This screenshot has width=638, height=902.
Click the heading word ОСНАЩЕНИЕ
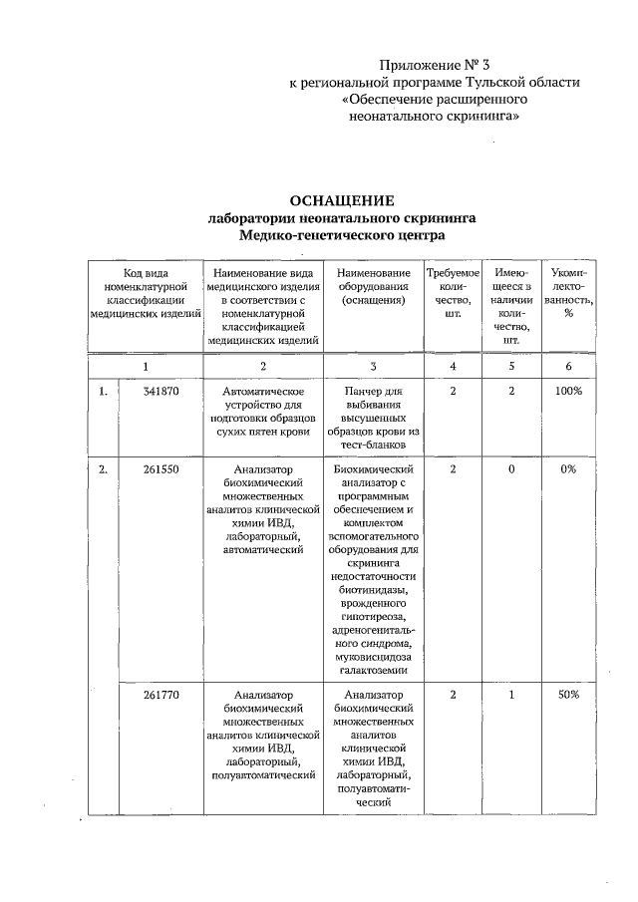[x=342, y=199]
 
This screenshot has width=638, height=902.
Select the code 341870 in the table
[x=160, y=392]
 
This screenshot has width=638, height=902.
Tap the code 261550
[x=160, y=468]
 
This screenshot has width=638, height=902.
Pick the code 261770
[x=160, y=696]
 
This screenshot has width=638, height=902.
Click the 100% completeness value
[x=568, y=392]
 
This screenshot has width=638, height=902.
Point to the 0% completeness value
[x=568, y=468]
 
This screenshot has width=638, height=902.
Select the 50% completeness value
[x=568, y=696]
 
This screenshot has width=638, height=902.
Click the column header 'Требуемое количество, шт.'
[x=453, y=293]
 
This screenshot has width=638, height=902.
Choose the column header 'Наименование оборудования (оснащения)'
[x=373, y=286]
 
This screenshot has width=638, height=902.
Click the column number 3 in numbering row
[x=373, y=366]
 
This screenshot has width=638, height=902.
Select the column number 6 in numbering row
[x=568, y=366]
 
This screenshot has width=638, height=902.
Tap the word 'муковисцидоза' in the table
[x=373, y=659]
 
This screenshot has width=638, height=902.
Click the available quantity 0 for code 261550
[x=511, y=468]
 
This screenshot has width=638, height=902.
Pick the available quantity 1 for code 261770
[x=511, y=696]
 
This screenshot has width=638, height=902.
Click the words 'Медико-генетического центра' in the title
[x=342, y=235]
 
